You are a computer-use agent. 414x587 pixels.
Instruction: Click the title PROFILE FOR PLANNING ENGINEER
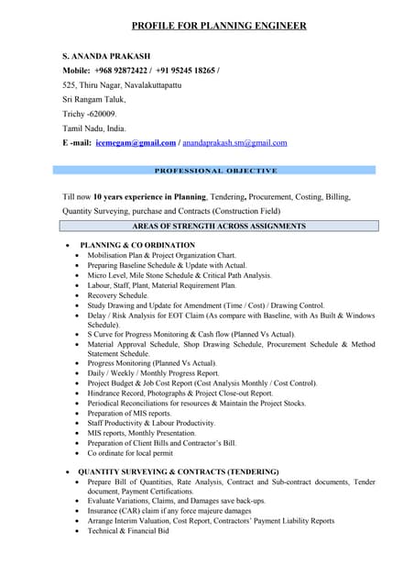coord(218,26)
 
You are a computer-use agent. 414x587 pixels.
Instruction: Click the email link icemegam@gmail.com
coord(136,143)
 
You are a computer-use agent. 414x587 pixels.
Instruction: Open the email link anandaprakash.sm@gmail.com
coord(234,143)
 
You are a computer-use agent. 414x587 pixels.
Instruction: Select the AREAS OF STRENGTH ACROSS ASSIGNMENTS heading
coord(219,226)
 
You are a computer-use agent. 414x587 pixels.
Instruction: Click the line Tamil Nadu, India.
coord(93,128)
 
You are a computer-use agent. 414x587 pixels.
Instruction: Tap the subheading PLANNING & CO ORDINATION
coord(137,245)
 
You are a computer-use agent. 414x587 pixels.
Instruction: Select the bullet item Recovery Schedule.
coord(117,296)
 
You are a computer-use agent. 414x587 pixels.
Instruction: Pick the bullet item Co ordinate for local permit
coord(130,452)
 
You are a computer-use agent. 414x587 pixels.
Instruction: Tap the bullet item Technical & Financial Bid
coord(128,530)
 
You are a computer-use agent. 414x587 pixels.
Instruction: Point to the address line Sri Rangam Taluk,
coord(94,99)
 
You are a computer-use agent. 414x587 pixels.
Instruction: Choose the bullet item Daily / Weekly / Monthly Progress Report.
coord(153,373)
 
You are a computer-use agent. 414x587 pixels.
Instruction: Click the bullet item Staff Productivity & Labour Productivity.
coord(151,423)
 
